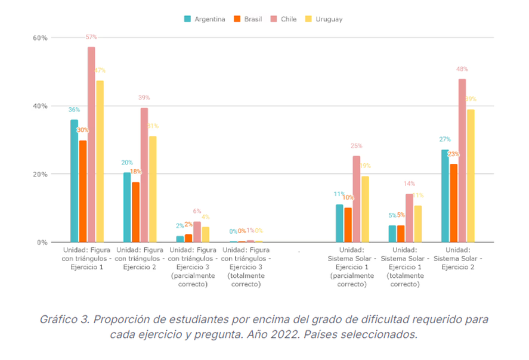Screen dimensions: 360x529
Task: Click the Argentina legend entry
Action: click(x=205, y=19)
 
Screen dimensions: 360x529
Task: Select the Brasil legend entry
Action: click(x=248, y=19)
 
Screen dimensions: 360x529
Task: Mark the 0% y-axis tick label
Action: click(x=41, y=243)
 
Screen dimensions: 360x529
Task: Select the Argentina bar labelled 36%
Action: click(x=75, y=181)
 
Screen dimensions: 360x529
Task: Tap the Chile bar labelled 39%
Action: click(x=144, y=175)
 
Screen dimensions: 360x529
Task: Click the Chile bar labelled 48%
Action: click(x=462, y=160)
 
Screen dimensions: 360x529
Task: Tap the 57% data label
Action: click(x=91, y=37)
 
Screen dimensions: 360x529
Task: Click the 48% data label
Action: click(x=462, y=69)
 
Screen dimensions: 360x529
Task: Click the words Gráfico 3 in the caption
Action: click(x=62, y=319)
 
